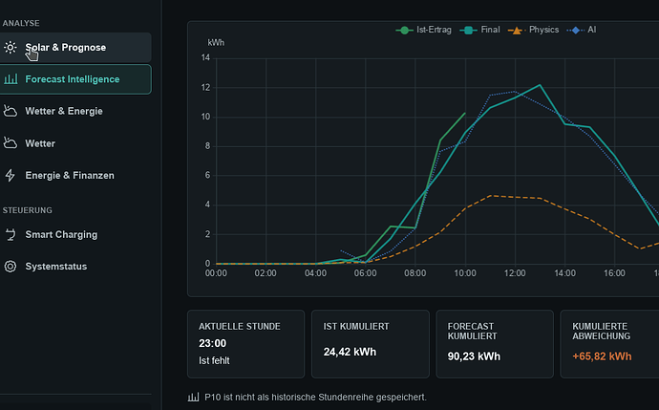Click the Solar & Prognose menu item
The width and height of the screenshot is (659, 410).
pyautogui.click(x=75, y=48)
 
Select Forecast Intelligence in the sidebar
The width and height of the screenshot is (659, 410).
pyautogui.click(x=75, y=79)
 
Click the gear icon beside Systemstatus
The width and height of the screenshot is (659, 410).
pyautogui.click(x=11, y=267)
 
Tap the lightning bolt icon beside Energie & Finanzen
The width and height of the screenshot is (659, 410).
pyautogui.click(x=11, y=175)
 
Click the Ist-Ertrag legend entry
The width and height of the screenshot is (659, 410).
pyautogui.click(x=424, y=30)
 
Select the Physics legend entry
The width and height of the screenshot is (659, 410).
pyautogui.click(x=534, y=30)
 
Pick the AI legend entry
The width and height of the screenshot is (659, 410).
pyautogui.click(x=582, y=30)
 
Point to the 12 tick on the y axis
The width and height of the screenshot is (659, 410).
pyautogui.click(x=205, y=88)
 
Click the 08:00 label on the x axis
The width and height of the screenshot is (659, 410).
pyautogui.click(x=415, y=273)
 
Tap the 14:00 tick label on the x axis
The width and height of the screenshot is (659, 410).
pyautogui.click(x=564, y=273)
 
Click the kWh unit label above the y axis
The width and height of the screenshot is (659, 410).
pyautogui.click(x=216, y=43)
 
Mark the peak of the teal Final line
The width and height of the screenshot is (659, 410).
pyautogui.click(x=540, y=85)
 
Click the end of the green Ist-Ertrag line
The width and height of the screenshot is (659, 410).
pyautogui.click(x=465, y=113)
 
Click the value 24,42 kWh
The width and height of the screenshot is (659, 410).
pyautogui.click(x=350, y=352)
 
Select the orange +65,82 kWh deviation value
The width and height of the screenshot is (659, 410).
pyautogui.click(x=602, y=356)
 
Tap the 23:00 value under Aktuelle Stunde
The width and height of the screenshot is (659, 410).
pyautogui.click(x=213, y=343)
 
